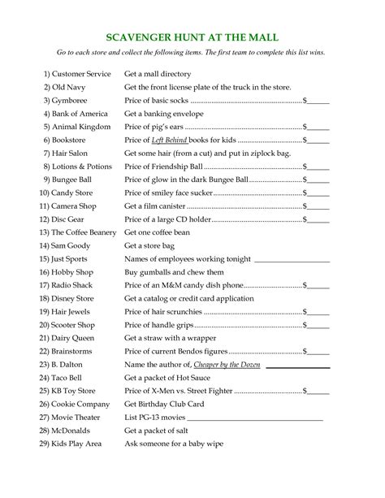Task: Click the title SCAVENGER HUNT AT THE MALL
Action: (x=192, y=38)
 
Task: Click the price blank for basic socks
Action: (x=318, y=102)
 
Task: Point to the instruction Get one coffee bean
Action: (x=158, y=232)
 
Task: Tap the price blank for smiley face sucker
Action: (x=318, y=194)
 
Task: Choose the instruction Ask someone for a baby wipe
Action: (x=173, y=444)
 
